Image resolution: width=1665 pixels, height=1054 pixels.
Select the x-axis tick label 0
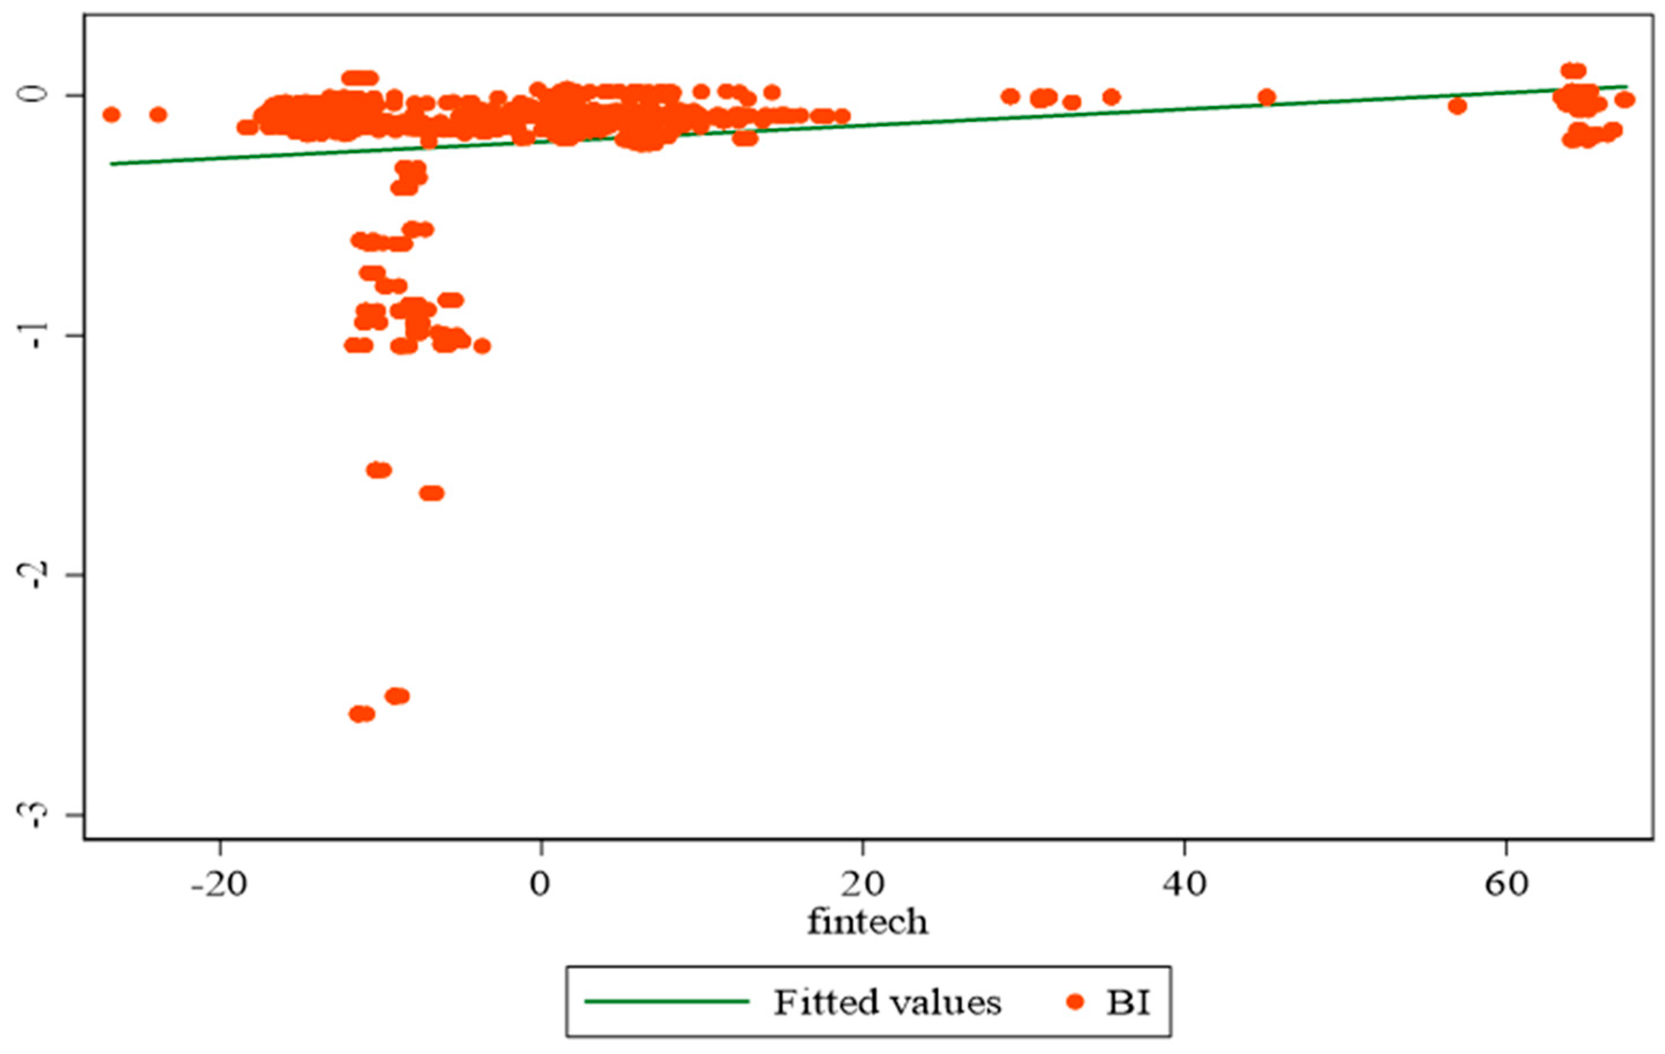pyautogui.click(x=541, y=885)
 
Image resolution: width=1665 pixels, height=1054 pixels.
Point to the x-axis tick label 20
pyautogui.click(x=862, y=885)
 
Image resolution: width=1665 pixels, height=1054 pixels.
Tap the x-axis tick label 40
pyautogui.click(x=1184, y=885)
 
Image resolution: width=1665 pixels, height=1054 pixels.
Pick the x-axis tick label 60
pyautogui.click(x=1506, y=885)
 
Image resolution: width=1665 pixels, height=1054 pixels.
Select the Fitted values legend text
pyautogui.click(x=886, y=1002)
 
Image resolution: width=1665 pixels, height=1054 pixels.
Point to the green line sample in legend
pyautogui.click(x=667, y=1002)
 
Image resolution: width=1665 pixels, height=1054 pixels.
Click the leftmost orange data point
pyautogui.click(x=111, y=115)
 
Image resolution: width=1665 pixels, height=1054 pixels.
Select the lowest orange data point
pyautogui.click(x=362, y=714)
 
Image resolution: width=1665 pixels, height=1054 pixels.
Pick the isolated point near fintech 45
pyautogui.click(x=1266, y=97)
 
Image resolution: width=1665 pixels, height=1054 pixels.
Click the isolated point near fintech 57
pyautogui.click(x=1457, y=106)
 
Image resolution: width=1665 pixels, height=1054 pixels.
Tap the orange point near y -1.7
pyautogui.click(x=432, y=493)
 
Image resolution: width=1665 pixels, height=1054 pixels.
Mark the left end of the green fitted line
pyautogui.click(x=111, y=164)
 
